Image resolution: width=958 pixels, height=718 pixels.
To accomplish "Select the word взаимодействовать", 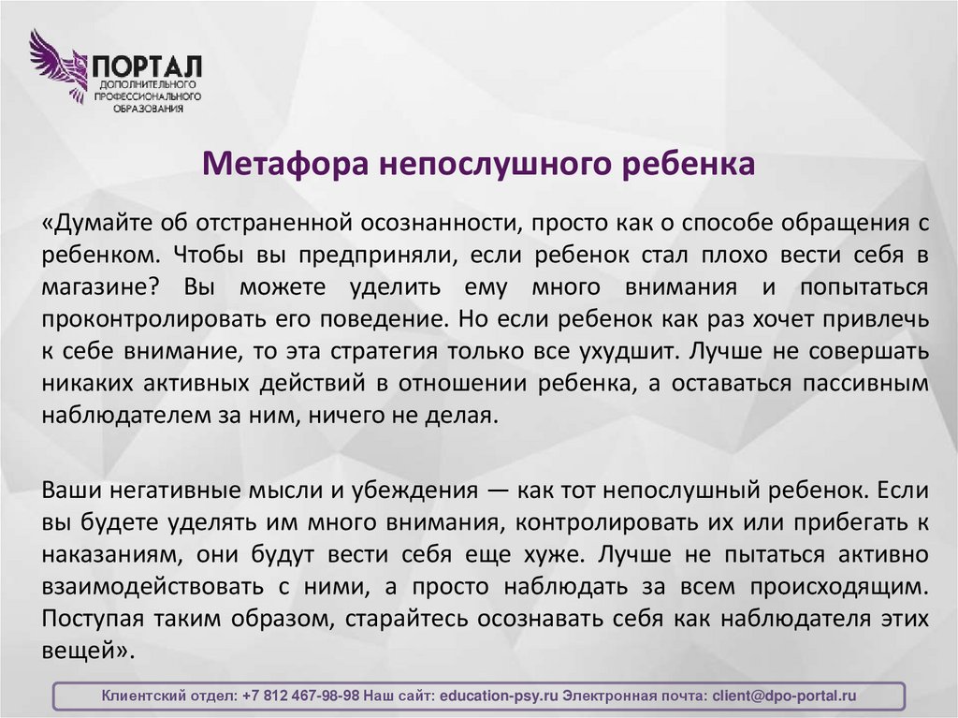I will (x=150, y=586).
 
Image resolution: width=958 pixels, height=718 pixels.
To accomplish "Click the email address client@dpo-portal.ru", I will (x=784, y=696).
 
